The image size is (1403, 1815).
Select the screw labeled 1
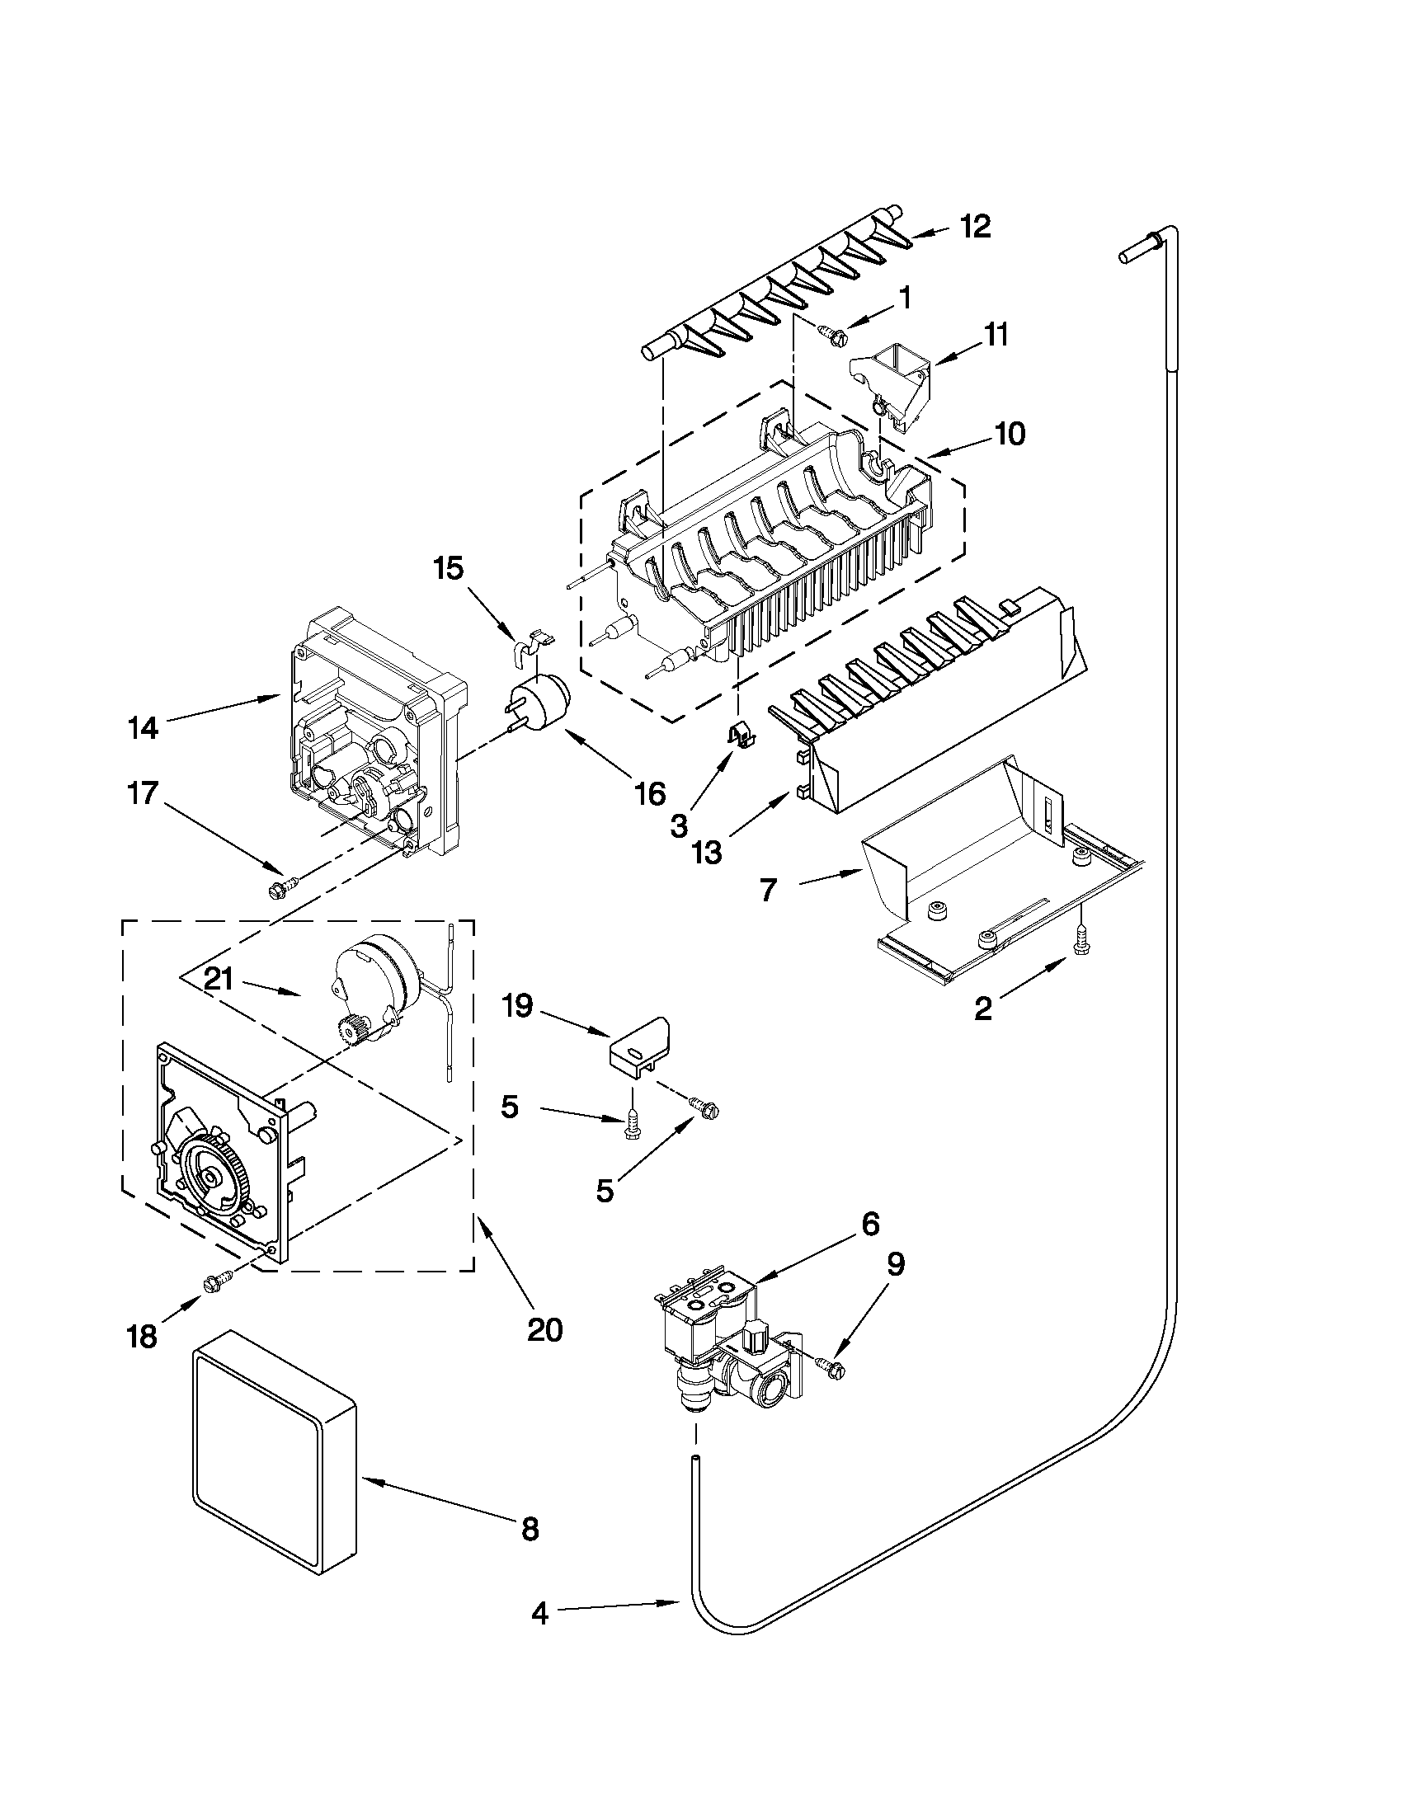coord(832,335)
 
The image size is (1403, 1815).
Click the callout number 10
coord(1010,434)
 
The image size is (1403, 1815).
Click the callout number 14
coord(142,729)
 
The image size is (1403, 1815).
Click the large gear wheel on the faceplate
coord(213,1178)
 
